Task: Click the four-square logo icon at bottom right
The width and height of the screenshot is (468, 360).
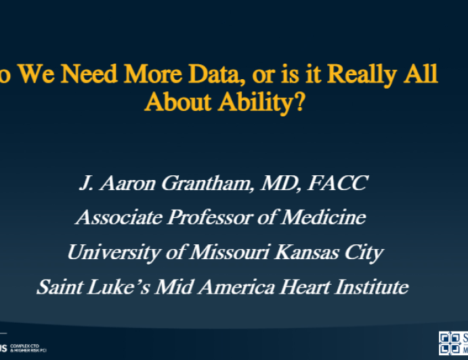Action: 450,342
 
